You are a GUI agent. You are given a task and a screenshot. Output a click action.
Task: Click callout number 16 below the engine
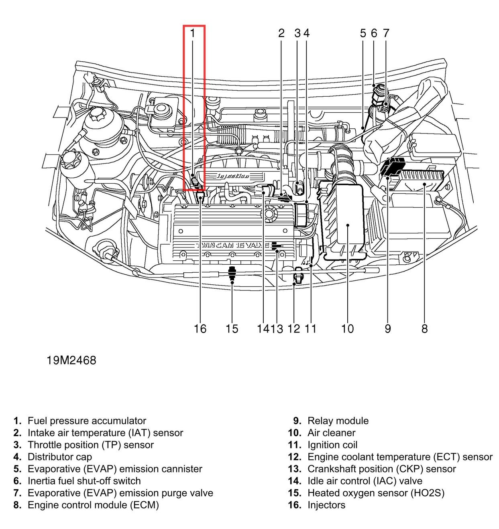200,329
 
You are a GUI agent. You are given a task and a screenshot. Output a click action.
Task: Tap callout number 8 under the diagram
424,329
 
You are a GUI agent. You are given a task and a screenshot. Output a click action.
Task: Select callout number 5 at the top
363,33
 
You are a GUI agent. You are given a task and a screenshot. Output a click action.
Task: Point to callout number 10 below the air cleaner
347,329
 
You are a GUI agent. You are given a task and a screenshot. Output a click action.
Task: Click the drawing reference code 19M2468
71,360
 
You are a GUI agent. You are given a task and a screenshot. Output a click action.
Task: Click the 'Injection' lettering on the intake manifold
233,176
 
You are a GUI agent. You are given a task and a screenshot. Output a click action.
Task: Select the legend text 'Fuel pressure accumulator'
87,421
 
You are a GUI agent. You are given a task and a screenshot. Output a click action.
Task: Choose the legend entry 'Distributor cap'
59,457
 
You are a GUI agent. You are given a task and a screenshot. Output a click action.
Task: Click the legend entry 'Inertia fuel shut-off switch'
84,481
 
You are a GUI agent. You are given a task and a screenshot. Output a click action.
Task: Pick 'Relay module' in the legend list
338,421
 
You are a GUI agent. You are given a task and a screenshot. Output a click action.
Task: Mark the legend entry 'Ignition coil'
332,445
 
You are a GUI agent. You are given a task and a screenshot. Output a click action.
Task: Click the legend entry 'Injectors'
326,505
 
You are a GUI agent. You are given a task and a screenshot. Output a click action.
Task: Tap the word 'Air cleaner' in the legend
331,433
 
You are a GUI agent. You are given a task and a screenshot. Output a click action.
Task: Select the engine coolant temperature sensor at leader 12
296,277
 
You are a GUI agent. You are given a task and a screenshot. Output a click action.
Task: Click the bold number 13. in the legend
295,469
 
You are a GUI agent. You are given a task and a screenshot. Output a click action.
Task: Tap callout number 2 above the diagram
281,33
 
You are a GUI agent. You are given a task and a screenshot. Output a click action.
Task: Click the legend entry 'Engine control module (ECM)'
93,505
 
